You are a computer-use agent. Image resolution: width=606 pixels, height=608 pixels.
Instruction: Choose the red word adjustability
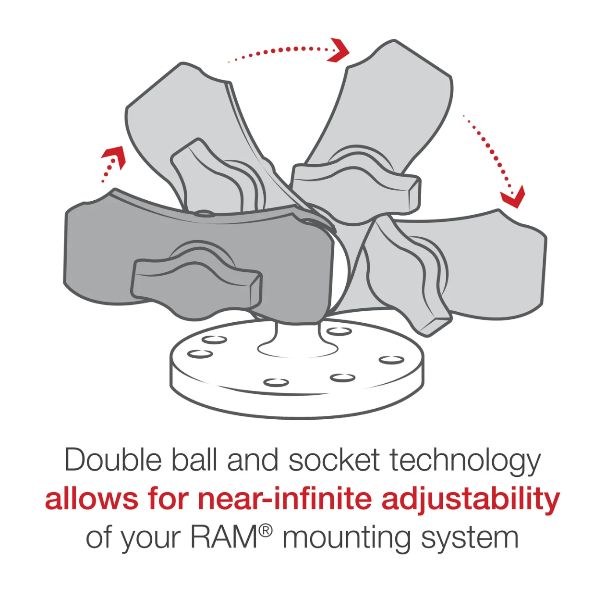coord(471,499)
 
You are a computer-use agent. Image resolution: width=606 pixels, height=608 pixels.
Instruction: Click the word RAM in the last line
coord(224,537)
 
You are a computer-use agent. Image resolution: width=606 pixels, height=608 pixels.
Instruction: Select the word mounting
coord(346,538)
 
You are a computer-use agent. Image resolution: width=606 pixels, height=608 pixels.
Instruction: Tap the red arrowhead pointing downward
coord(513,197)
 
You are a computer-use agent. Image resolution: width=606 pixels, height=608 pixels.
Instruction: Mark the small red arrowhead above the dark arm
coord(114,156)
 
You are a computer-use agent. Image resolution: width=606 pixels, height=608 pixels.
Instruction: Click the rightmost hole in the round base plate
coord(391,360)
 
